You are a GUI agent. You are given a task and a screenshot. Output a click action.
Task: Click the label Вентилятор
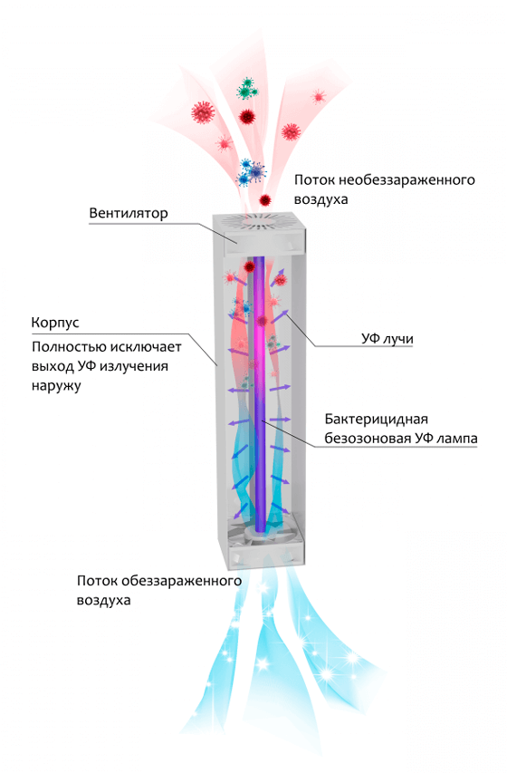[x=129, y=214]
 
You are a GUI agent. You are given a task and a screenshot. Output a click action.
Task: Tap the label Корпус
[x=55, y=324]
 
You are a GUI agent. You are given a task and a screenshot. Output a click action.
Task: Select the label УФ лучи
[x=387, y=339]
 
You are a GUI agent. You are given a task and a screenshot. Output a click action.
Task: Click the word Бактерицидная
[x=377, y=420]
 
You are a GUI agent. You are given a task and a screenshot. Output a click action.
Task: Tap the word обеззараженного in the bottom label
[x=181, y=581]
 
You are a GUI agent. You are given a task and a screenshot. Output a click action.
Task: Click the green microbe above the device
[x=247, y=88]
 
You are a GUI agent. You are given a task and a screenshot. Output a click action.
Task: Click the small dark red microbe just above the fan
[x=265, y=200]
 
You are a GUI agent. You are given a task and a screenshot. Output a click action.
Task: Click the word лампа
[x=456, y=439]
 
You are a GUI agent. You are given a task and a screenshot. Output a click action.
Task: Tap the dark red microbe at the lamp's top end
[x=249, y=266]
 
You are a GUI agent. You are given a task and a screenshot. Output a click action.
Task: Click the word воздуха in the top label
[x=321, y=200]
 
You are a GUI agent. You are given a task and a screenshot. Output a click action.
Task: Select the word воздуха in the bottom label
[x=104, y=601]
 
